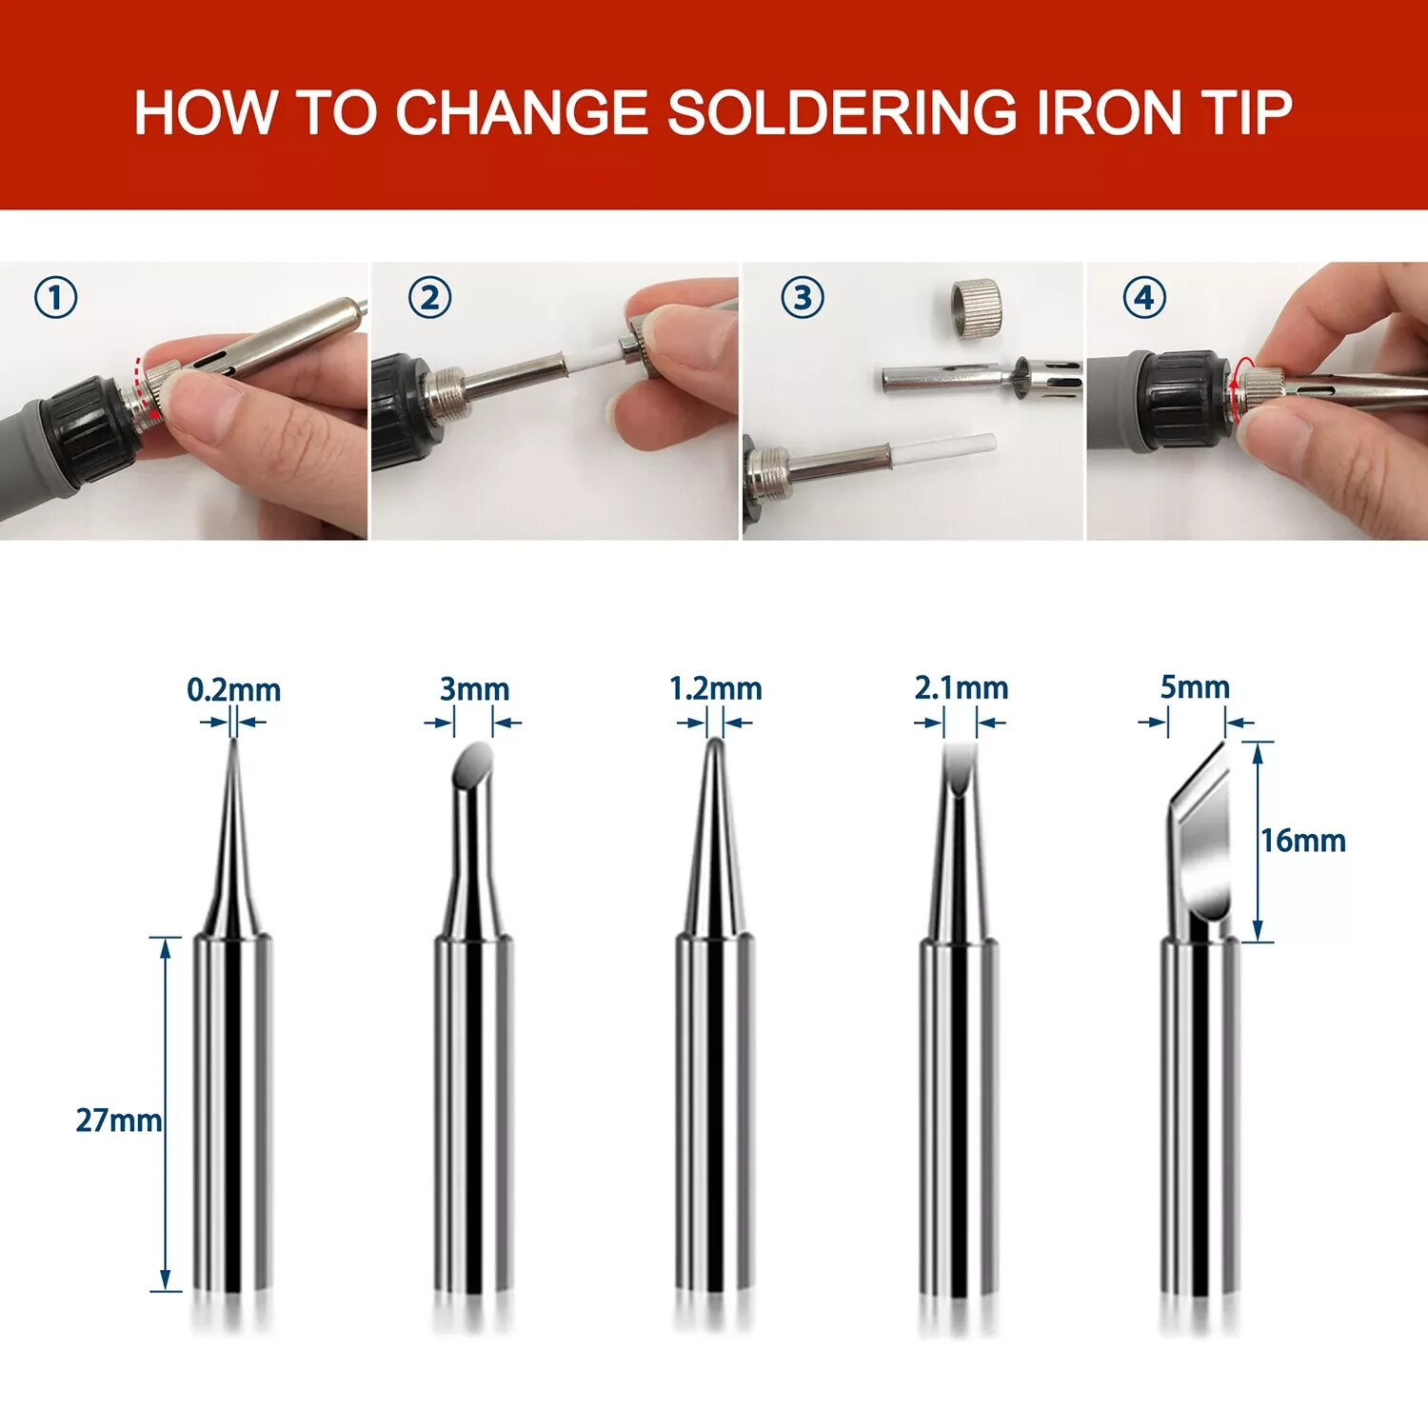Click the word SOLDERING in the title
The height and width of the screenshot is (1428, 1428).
click(x=842, y=112)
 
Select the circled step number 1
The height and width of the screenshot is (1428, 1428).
click(x=55, y=298)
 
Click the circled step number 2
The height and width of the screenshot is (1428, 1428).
click(x=429, y=298)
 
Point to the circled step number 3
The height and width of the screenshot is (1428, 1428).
click(x=803, y=298)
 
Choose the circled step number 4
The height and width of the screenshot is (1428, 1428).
click(x=1143, y=298)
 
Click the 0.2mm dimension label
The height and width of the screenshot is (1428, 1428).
click(x=233, y=690)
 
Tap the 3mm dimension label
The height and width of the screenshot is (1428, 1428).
click(x=474, y=688)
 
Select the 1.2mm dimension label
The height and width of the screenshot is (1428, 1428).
click(x=715, y=688)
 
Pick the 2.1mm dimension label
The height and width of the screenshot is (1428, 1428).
click(x=961, y=687)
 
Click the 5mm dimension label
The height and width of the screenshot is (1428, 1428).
click(x=1194, y=686)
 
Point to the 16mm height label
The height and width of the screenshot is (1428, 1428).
click(x=1303, y=841)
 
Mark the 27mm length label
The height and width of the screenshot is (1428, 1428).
click(x=118, y=1121)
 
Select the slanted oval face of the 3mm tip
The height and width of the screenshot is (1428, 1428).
click(x=473, y=763)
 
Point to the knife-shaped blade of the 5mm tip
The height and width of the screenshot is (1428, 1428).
click(x=1202, y=828)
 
